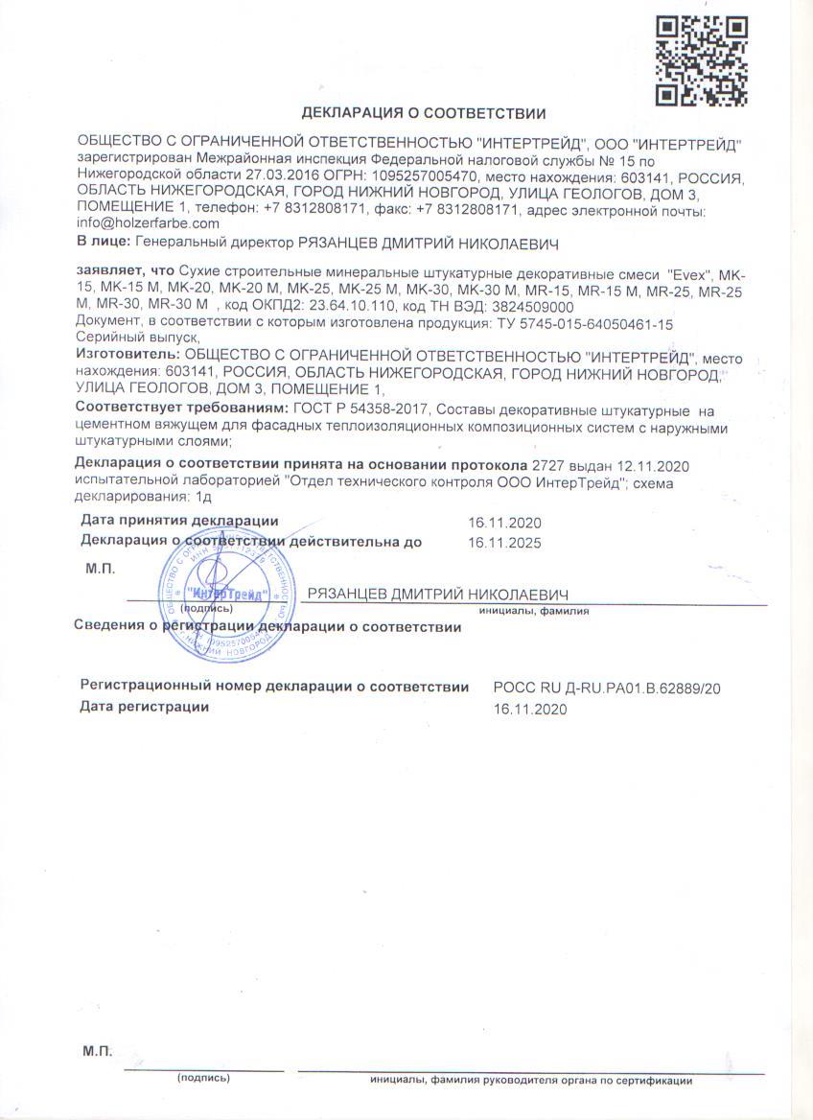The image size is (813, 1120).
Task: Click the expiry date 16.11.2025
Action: click(x=504, y=543)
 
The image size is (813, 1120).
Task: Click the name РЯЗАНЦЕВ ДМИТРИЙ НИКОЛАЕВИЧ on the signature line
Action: click(x=438, y=594)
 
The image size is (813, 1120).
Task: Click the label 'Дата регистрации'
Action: click(x=145, y=708)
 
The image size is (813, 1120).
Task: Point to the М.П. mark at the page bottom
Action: click(x=98, y=1052)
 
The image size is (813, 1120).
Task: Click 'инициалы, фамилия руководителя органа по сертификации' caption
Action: click(x=531, y=1080)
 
